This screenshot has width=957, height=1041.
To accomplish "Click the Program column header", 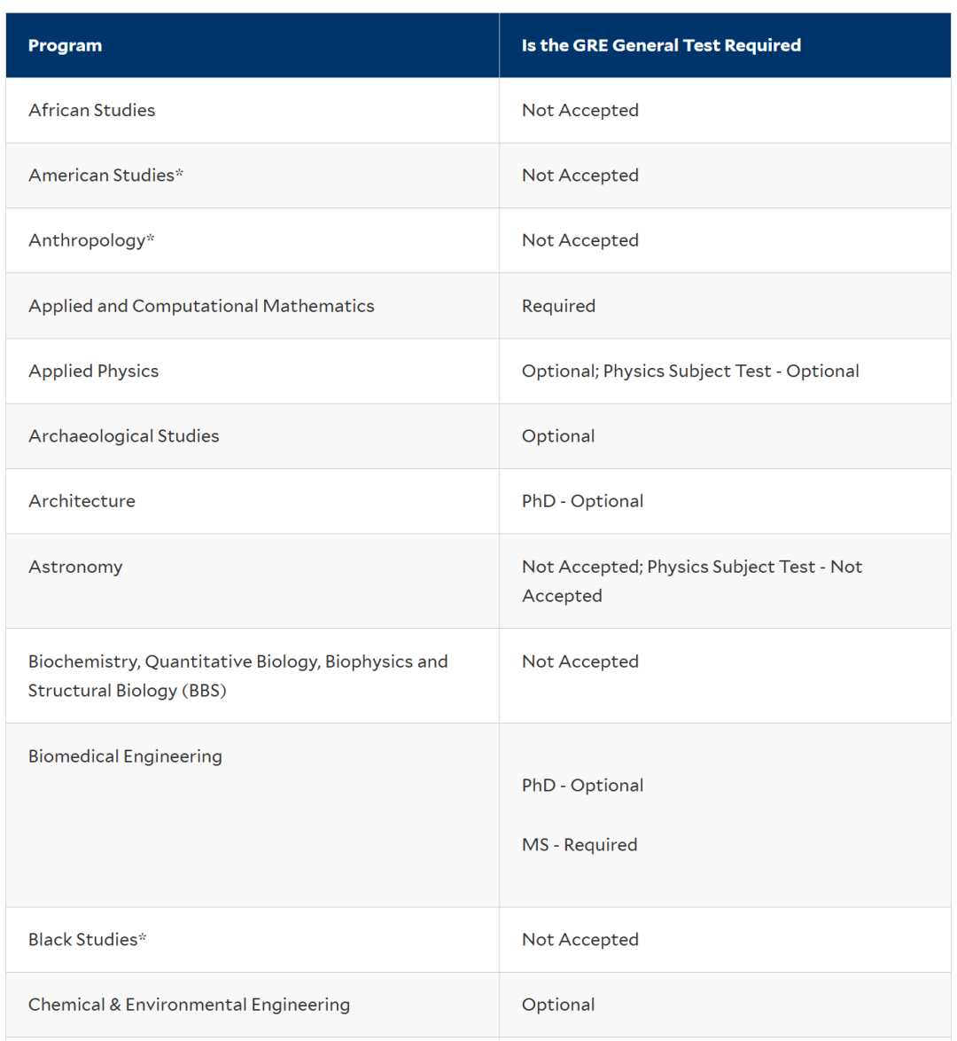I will click(x=65, y=45).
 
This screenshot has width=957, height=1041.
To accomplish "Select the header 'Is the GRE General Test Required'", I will click(x=661, y=45).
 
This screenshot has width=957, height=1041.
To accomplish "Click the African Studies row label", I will click(x=91, y=110).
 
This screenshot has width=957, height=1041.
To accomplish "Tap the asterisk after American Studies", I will click(x=180, y=174).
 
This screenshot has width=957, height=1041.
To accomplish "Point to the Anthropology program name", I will click(x=86, y=240).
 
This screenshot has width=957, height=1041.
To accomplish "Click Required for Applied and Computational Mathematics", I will click(x=558, y=306).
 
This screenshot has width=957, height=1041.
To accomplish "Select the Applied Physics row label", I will click(x=93, y=371).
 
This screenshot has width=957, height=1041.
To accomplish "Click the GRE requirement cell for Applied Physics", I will click(x=690, y=371).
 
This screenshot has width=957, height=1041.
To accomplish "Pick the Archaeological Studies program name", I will click(x=123, y=436).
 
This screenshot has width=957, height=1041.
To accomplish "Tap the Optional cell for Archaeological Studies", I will click(x=558, y=436).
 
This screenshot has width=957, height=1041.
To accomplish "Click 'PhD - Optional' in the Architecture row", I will click(x=582, y=501).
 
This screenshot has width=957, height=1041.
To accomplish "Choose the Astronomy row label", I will click(x=75, y=567).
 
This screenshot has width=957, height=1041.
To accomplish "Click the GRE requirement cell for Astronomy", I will click(x=691, y=581).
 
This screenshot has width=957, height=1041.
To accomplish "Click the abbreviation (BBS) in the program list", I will click(x=204, y=691).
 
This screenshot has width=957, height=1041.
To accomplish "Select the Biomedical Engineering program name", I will click(x=125, y=756).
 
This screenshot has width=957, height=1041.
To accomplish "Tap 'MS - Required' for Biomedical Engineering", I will click(x=580, y=845).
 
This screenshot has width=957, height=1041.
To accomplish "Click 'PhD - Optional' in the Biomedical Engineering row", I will click(x=582, y=786).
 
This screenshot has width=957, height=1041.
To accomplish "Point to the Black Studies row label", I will click(x=82, y=939).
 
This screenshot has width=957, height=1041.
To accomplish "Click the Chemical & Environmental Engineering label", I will click(x=189, y=1005).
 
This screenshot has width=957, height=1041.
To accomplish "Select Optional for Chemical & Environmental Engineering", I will click(x=558, y=1005).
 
